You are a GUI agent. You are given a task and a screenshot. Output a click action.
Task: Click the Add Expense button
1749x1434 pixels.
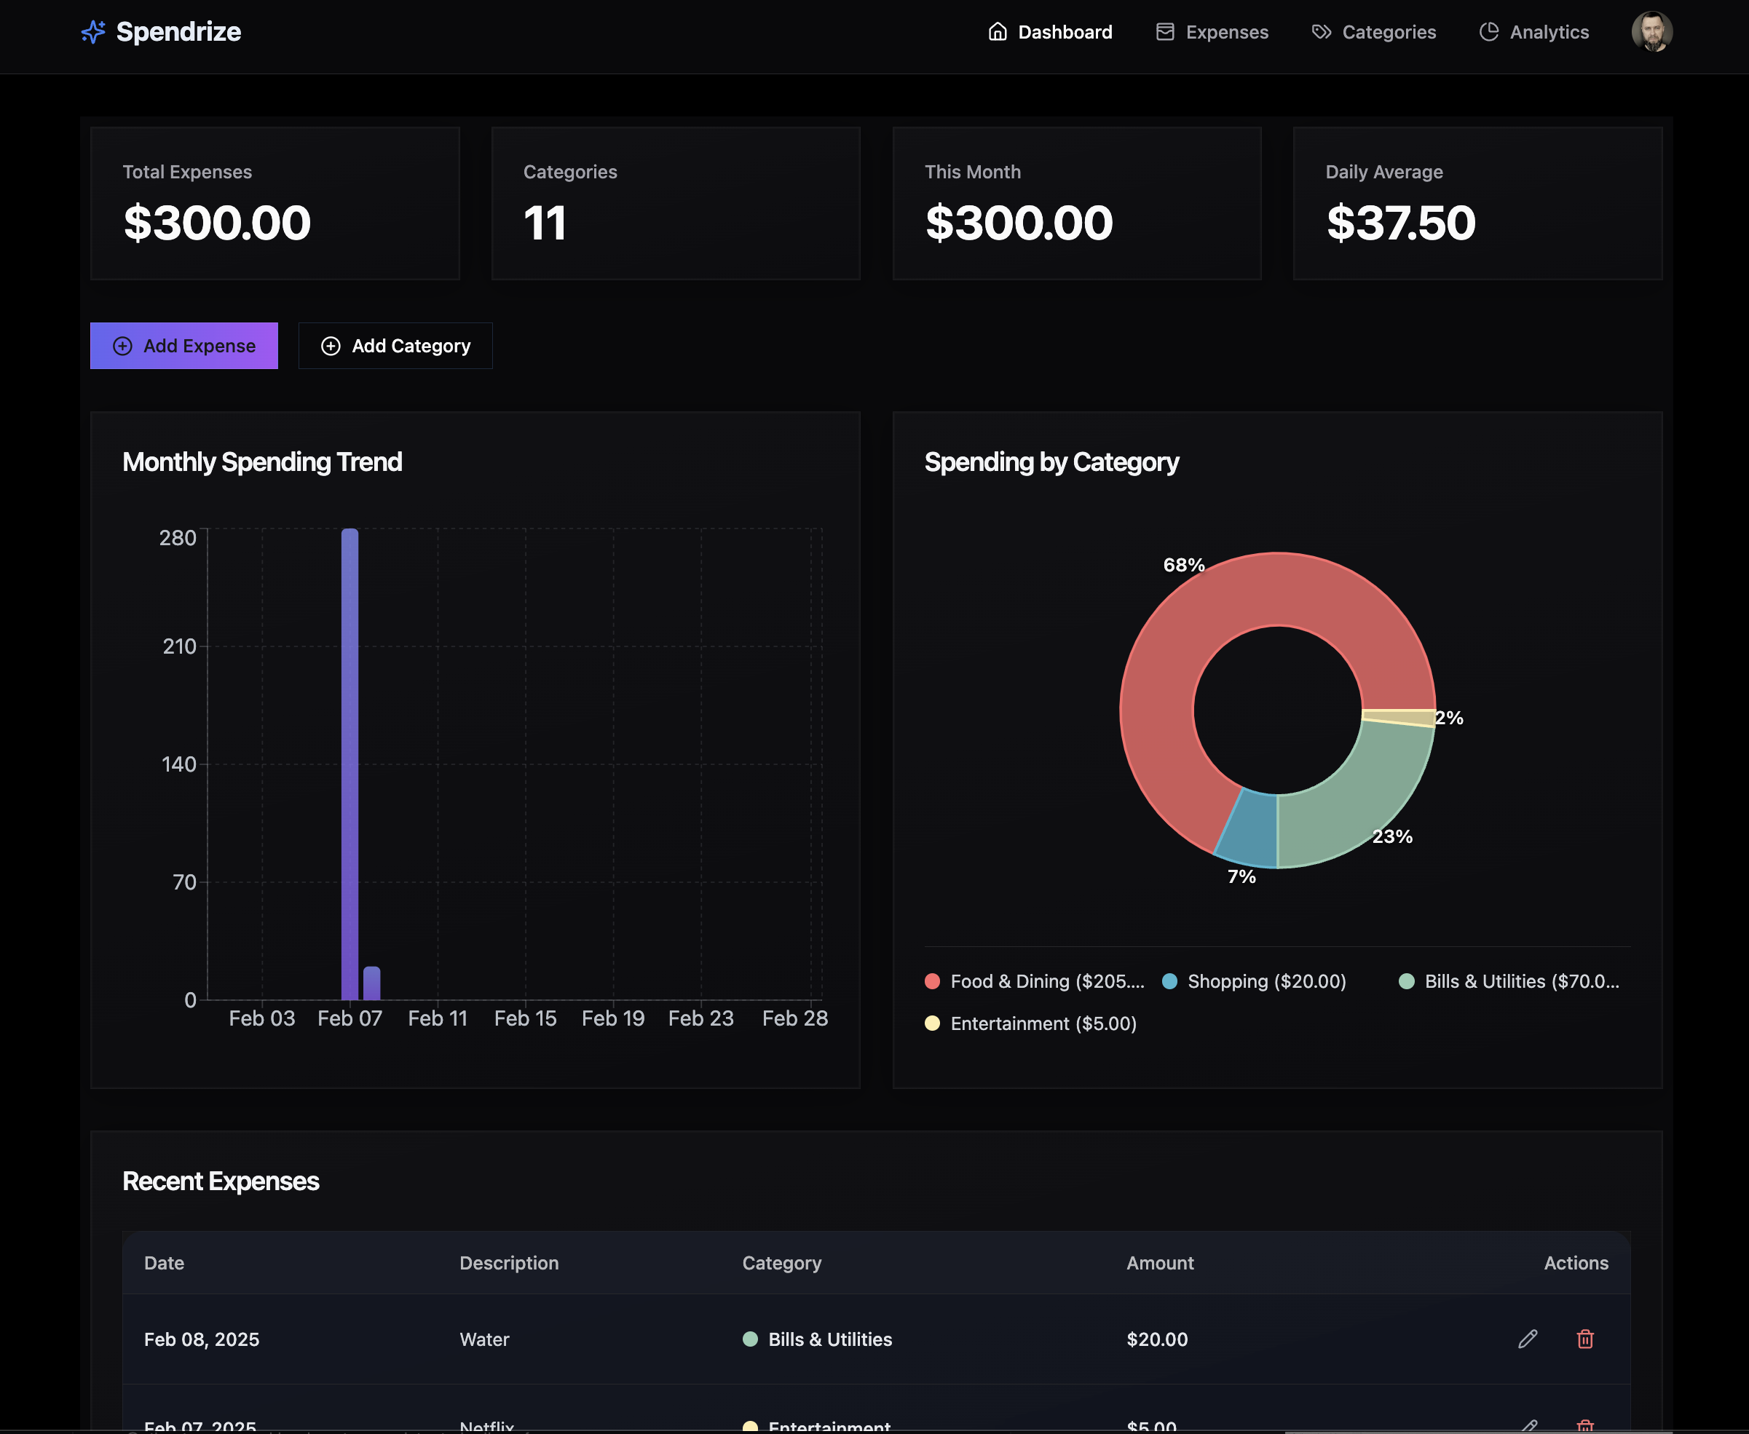183,345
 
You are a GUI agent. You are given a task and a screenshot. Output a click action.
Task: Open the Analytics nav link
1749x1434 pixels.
1534,32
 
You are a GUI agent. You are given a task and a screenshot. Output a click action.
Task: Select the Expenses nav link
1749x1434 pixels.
1212,32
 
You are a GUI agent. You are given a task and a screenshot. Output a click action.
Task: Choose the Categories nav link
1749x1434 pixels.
1374,32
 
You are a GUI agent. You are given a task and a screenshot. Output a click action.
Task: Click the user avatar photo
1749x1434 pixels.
1651,32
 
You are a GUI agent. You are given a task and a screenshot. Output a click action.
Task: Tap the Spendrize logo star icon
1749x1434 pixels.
93,32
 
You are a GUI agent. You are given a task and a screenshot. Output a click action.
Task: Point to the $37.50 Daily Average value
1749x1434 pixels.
1400,223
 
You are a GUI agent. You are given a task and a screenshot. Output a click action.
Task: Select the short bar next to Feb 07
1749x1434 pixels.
372,983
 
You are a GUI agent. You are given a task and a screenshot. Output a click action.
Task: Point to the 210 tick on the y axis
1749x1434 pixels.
179,646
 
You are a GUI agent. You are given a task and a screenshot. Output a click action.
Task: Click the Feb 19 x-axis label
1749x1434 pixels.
612,1018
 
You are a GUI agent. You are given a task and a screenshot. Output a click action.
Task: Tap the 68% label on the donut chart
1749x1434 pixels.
1183,565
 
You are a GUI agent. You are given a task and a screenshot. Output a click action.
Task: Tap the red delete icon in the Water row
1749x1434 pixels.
1584,1339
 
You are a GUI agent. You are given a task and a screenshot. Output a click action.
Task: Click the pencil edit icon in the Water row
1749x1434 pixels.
1528,1339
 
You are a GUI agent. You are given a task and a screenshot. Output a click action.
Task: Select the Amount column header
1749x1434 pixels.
1159,1263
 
